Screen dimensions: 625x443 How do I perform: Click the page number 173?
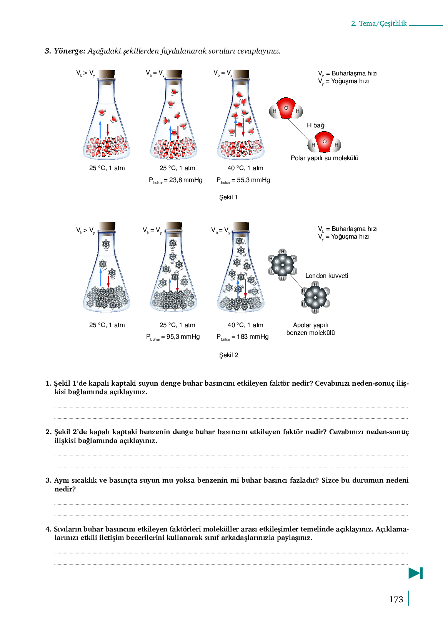tap(396, 599)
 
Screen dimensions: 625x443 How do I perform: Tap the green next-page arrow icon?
tap(415, 573)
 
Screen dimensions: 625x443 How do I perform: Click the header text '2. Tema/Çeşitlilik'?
tap(379, 23)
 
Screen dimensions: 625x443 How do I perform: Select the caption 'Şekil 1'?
tap(228, 197)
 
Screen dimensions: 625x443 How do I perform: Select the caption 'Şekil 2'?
tap(229, 355)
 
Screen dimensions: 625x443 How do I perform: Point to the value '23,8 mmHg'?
tap(186, 180)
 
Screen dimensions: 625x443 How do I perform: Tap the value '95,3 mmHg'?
tap(183, 336)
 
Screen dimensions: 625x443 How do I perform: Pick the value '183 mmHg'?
tap(253, 336)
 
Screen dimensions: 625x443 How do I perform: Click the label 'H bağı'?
tap(316, 125)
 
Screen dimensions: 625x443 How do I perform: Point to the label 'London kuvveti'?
tap(326, 276)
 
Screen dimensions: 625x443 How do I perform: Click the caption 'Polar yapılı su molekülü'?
tap(324, 158)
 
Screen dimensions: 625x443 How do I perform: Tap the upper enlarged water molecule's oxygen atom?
tap(286, 108)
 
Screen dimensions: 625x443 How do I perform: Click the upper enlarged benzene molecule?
tap(282, 265)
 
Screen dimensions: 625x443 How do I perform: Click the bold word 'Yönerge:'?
tap(69, 51)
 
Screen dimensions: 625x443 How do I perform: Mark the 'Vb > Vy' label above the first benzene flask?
tap(85, 230)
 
